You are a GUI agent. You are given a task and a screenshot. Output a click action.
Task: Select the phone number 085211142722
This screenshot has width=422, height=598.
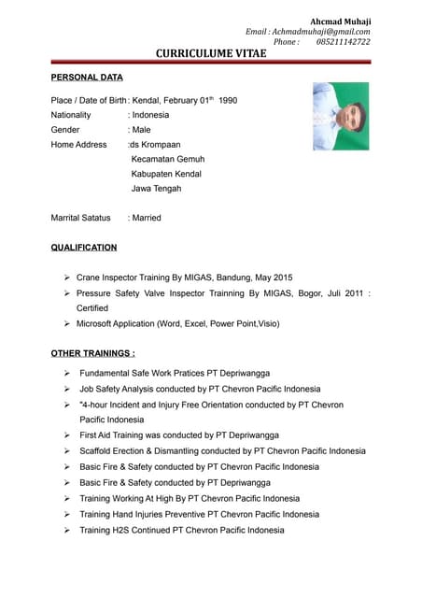click(x=343, y=42)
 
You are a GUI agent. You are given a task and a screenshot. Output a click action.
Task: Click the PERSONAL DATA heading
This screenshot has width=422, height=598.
click(x=86, y=78)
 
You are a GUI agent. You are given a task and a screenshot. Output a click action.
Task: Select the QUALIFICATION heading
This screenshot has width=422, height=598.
click(x=84, y=248)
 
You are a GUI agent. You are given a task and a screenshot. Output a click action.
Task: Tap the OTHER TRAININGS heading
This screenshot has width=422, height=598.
click(x=93, y=353)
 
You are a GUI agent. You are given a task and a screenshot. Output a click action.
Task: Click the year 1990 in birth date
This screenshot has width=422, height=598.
click(x=228, y=100)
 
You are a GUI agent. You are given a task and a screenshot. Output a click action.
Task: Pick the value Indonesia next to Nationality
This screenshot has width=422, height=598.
click(x=151, y=115)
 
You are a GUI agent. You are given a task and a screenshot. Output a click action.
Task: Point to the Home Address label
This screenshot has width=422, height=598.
click(x=78, y=145)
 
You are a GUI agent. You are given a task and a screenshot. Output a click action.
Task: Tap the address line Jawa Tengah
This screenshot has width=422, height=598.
click(x=156, y=188)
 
